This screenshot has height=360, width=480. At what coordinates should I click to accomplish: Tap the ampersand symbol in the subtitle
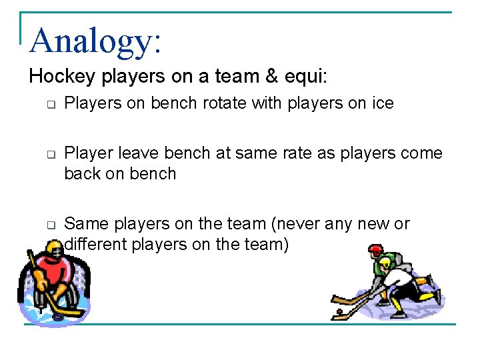272,77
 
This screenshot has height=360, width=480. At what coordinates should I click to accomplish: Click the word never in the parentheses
297,223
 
